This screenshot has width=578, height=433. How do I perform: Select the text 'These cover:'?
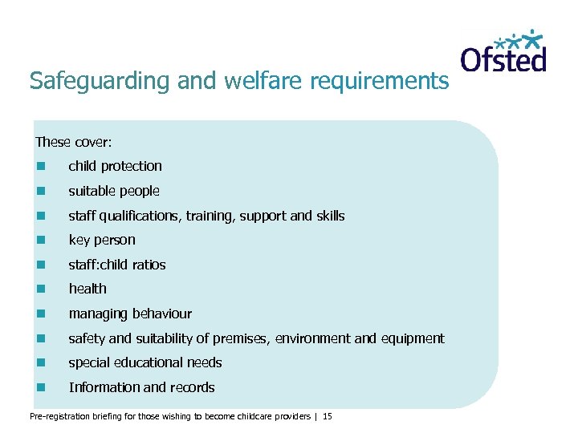point(73,142)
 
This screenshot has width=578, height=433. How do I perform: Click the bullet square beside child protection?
point(40,167)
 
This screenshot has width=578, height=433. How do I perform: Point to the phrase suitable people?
point(114,191)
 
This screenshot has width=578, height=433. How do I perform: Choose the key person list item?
point(102,240)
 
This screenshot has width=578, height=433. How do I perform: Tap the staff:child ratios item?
point(117,265)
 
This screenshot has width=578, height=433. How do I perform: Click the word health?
point(88,289)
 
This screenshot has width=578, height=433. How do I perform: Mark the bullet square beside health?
point(40,289)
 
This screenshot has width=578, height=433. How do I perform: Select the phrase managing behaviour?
point(130,314)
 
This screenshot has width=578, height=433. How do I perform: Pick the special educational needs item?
point(145,362)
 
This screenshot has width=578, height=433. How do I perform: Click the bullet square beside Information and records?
point(40,388)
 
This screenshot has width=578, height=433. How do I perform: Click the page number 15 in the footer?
point(328,417)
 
